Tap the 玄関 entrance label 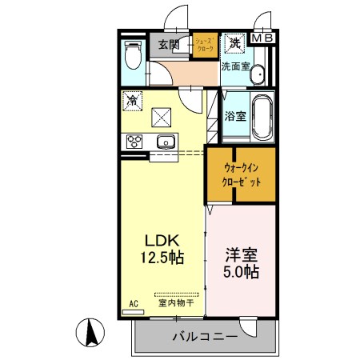[168, 44]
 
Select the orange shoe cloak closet [204, 44]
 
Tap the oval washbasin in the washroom [257, 75]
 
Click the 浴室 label [235, 115]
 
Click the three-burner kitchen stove [134, 142]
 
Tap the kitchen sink [167, 142]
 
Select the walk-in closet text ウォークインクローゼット [242, 174]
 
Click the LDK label [165, 241]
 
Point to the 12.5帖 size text [165, 258]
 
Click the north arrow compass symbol [91, 331]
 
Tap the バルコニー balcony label [205, 337]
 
